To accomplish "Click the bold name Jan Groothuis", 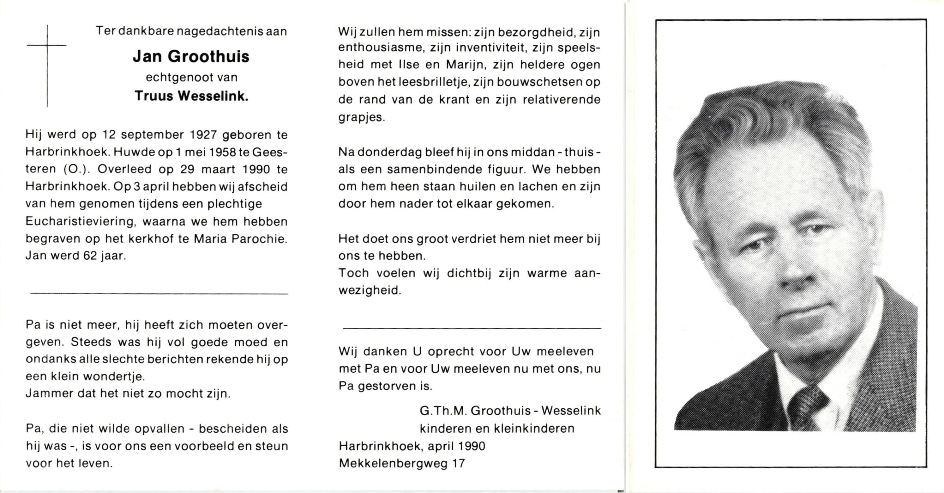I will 191,57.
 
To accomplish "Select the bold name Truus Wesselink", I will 192,96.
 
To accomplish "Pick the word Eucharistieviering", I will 80,221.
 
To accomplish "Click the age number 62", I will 90,256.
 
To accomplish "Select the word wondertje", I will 113,376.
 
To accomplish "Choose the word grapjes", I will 362,117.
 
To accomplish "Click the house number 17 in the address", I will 458,463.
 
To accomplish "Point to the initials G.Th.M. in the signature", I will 443,410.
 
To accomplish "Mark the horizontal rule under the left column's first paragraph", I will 159,294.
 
